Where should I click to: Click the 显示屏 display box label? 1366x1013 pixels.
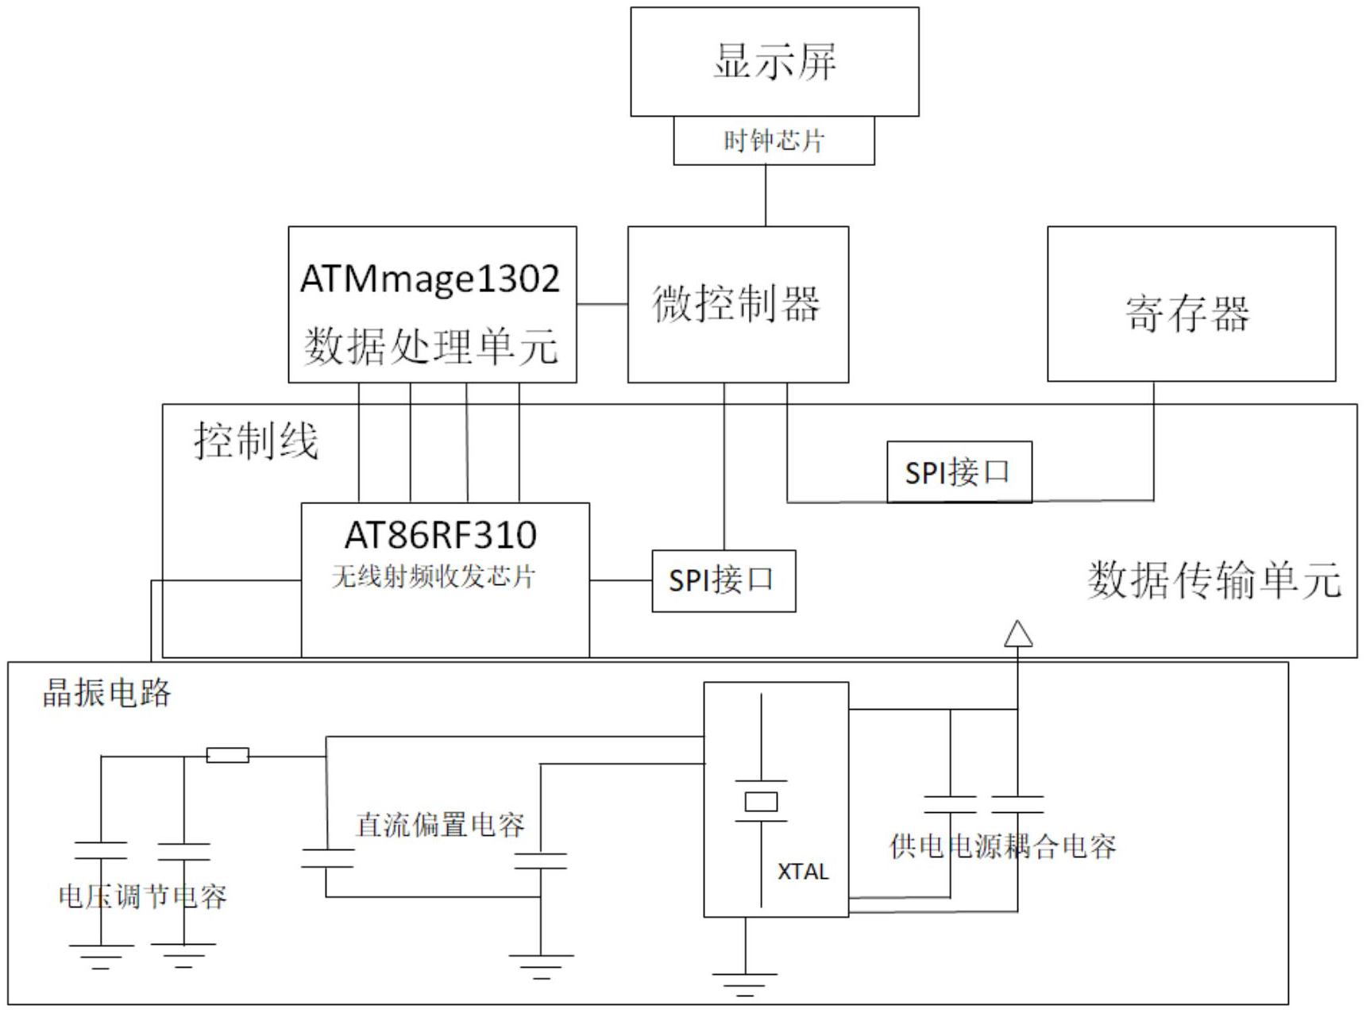pos(774,61)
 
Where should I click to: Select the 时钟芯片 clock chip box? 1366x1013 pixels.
pos(774,141)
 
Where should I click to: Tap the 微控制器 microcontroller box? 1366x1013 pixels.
pos(737,304)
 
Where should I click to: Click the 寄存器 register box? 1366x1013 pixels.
pos(1190,312)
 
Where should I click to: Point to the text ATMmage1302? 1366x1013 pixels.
pos(430,279)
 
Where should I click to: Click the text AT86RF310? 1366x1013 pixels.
pos(441,535)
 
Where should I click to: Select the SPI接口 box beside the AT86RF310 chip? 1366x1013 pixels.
pos(723,580)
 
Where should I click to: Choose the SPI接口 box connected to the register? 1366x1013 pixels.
pos(959,472)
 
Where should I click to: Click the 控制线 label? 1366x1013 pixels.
pos(256,441)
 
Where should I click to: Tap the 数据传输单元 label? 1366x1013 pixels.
pos(1214,580)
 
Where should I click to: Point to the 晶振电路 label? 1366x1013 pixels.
pos(106,693)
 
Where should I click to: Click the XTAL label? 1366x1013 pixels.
pos(803,872)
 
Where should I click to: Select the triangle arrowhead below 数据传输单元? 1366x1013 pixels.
pos(1017,634)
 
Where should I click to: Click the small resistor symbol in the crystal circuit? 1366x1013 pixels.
pos(228,755)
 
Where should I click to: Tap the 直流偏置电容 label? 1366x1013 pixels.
pos(440,825)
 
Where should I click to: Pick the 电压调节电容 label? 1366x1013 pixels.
pos(143,897)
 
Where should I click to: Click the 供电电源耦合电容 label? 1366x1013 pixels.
pos(1002,846)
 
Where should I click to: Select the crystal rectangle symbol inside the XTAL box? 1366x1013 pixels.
pos(761,802)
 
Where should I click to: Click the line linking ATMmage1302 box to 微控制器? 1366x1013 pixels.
pos(602,304)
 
